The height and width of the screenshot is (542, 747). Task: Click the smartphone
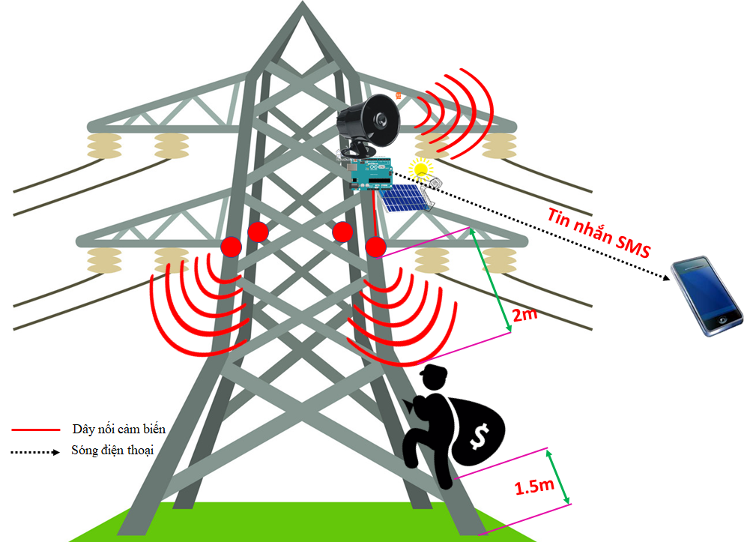click(x=707, y=295)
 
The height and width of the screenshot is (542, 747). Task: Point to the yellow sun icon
click(x=420, y=168)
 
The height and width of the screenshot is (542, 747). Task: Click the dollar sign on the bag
click(x=479, y=436)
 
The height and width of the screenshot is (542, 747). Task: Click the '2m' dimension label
click(x=524, y=315)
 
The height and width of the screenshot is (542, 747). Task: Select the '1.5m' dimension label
click(x=534, y=487)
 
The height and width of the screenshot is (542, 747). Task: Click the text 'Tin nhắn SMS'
click(x=599, y=233)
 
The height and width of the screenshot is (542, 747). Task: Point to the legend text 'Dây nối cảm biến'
click(x=119, y=429)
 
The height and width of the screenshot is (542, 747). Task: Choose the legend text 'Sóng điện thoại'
click(x=112, y=450)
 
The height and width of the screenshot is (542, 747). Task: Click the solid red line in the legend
click(x=36, y=430)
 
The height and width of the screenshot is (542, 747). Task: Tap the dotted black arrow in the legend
click(x=35, y=452)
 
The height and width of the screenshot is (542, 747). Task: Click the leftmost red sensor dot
click(x=231, y=247)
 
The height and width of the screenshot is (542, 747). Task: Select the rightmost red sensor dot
click(x=375, y=247)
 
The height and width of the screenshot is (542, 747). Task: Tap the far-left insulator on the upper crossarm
click(x=104, y=146)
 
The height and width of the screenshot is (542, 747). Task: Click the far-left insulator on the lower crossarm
click(x=104, y=260)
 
